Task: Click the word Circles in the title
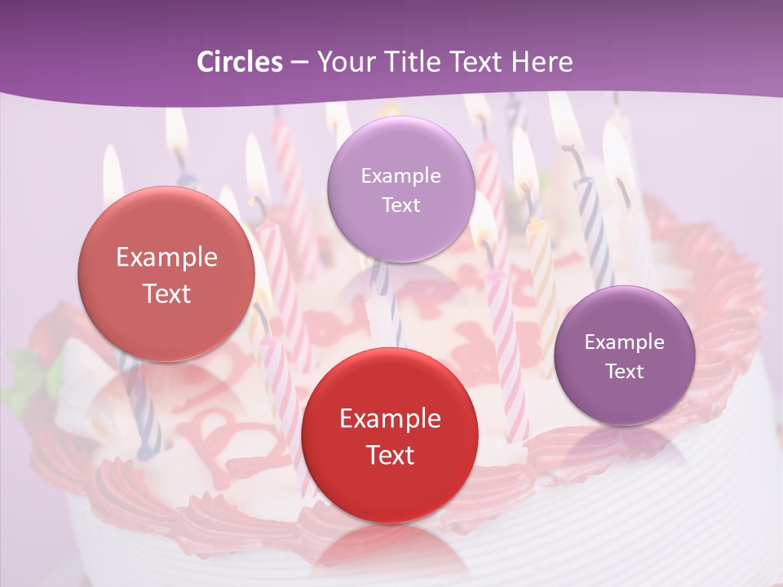point(239,62)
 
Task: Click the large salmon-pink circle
point(166,274)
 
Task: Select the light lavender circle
point(400,189)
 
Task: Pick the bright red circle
point(390,435)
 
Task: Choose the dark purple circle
point(624,355)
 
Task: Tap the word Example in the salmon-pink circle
point(166,258)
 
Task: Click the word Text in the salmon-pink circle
point(166,293)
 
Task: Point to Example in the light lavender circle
point(400,175)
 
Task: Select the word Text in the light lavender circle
point(400,205)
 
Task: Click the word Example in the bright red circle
point(390,418)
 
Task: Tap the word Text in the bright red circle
point(390,455)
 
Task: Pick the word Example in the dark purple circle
point(624,342)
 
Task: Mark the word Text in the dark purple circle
point(624,371)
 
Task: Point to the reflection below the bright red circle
point(390,550)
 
